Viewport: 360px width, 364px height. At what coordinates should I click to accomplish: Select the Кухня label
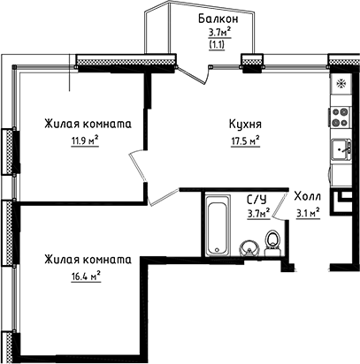pos(243,125)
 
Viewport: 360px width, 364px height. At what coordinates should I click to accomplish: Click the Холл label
pos(307,198)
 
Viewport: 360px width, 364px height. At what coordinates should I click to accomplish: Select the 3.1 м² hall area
pos(307,212)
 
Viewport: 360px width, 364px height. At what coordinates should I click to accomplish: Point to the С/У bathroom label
pos(256,201)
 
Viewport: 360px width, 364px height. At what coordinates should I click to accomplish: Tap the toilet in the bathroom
pos(273,240)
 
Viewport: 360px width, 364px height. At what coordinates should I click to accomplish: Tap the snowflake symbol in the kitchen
pos(341,83)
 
